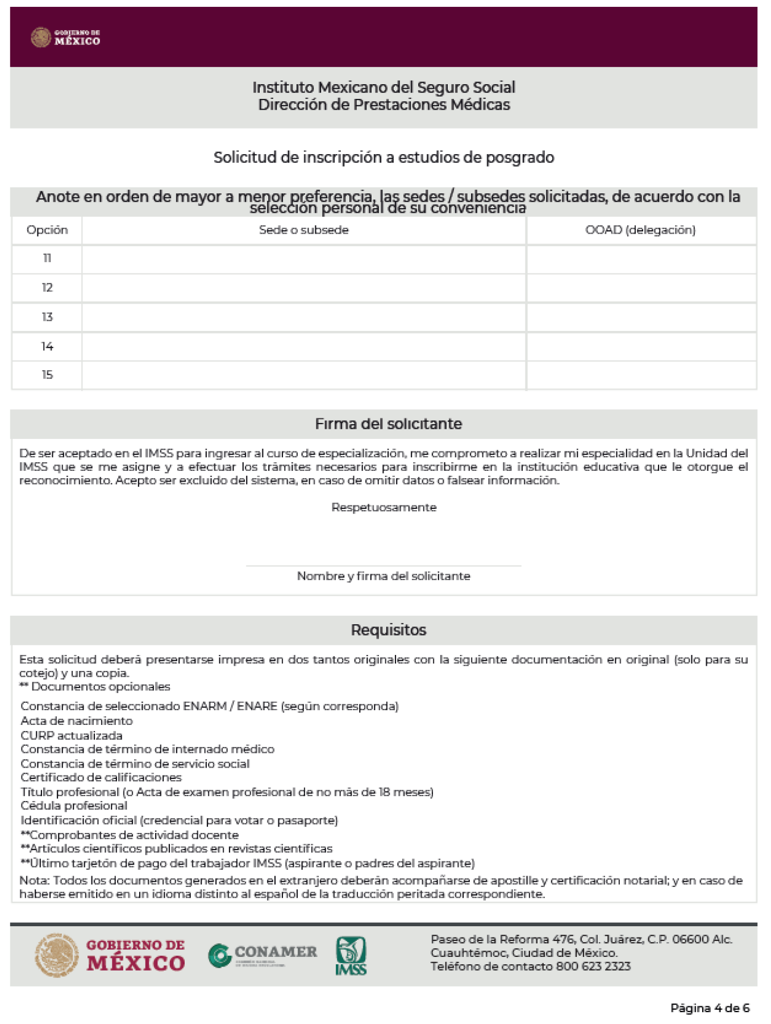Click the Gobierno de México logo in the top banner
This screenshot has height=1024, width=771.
coord(65,38)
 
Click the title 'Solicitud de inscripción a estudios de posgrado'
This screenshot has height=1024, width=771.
coord(384,157)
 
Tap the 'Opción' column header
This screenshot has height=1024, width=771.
coord(47,230)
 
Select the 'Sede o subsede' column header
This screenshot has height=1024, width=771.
coord(303,230)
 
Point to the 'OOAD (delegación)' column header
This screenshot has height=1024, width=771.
coord(640,230)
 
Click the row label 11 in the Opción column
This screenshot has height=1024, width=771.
coord(47,259)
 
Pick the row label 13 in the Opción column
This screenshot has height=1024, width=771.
coord(47,317)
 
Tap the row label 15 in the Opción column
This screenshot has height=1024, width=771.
coord(47,375)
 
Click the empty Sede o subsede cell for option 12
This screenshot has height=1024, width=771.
coord(303,288)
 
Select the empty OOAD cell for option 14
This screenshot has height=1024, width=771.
coord(641,347)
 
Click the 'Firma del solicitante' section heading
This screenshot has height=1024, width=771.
coord(388,424)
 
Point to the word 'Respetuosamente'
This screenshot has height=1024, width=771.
coord(384,508)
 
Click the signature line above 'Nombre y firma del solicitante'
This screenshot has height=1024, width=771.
coord(384,565)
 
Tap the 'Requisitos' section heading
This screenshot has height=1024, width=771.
coord(388,630)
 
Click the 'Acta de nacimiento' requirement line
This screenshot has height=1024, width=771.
coord(77,721)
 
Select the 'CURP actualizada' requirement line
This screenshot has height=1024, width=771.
coord(72,736)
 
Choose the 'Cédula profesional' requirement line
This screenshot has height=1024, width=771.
coord(74,806)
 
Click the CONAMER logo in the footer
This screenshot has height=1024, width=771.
coord(262,955)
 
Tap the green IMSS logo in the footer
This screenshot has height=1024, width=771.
coord(351,956)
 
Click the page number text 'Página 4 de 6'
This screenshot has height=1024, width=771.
coord(710,1008)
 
